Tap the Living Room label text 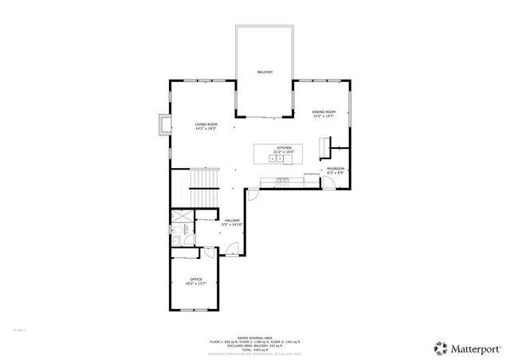click(206, 126)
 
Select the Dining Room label click(323, 113)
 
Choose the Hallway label click(233, 222)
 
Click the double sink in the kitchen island click(277, 158)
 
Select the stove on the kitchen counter click(282, 181)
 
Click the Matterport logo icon click(440, 347)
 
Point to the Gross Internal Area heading click(255, 337)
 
